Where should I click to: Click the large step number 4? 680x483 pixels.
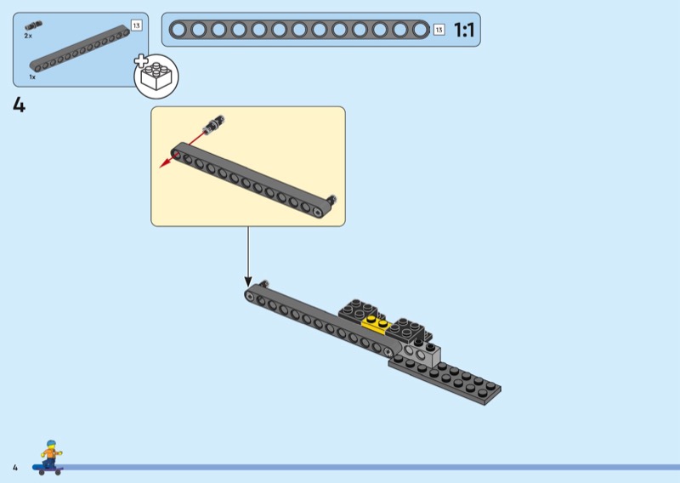click(19, 105)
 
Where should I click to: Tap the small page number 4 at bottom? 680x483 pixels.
click(15, 468)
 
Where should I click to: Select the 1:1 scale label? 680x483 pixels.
click(464, 30)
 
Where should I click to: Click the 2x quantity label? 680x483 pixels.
click(28, 36)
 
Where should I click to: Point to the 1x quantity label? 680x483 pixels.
click(32, 77)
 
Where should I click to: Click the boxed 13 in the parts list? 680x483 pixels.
click(136, 26)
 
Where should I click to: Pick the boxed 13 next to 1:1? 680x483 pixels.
click(439, 30)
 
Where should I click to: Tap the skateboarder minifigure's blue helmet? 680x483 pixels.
click(51, 444)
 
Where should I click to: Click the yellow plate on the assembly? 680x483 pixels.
click(376, 324)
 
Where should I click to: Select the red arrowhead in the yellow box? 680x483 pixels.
click(164, 163)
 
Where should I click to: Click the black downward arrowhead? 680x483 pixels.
click(248, 281)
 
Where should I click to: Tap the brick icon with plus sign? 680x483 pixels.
click(156, 77)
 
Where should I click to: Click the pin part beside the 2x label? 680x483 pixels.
click(33, 26)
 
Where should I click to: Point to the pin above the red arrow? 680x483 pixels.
click(214, 123)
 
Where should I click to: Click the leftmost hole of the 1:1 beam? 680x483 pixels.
click(178, 30)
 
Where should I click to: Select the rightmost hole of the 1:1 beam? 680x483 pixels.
click(420, 30)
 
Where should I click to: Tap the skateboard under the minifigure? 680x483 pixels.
click(48, 469)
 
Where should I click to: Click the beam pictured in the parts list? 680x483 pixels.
click(80, 49)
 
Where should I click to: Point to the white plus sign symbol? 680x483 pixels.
click(141, 60)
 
